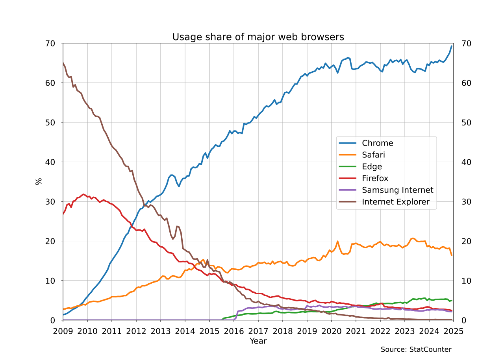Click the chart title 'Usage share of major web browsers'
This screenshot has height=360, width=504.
(258, 37)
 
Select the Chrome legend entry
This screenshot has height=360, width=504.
(377, 143)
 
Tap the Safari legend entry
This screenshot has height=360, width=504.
(373, 155)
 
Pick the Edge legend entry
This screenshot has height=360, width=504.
(372, 166)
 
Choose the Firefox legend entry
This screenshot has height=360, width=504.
(375, 178)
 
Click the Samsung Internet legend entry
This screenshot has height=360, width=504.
(397, 190)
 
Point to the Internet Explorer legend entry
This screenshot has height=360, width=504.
(396, 202)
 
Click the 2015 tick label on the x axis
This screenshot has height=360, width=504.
(209, 331)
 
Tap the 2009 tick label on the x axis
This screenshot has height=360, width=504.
(63, 331)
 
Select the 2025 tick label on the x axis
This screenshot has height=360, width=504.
(453, 331)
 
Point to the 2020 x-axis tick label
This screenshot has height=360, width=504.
(331, 331)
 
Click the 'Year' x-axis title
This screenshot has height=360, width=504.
(258, 341)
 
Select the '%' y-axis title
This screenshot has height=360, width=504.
(39, 181)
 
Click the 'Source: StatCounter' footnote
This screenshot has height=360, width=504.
(416, 349)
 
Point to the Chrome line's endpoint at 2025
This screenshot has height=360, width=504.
(452, 46)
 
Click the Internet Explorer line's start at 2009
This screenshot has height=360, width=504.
(63, 63)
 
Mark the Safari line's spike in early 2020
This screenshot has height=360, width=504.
(337, 241)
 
